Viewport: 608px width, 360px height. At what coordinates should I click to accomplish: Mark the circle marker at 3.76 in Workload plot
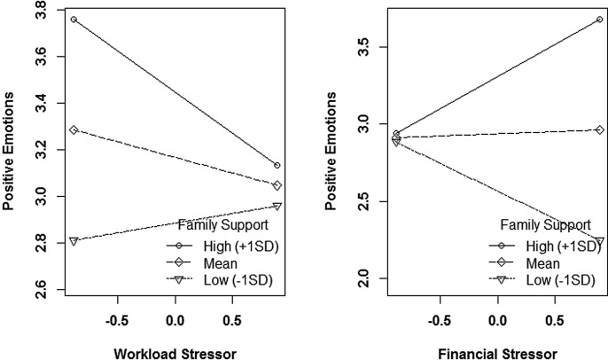tap(74, 20)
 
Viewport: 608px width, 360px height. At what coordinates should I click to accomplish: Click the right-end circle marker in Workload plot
tap(277, 166)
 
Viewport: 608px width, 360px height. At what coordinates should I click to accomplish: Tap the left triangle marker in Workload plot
tap(74, 240)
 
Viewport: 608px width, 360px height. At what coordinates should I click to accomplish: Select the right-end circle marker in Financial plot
tap(600, 20)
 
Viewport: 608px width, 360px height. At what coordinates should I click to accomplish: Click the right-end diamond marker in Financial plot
tap(600, 130)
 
